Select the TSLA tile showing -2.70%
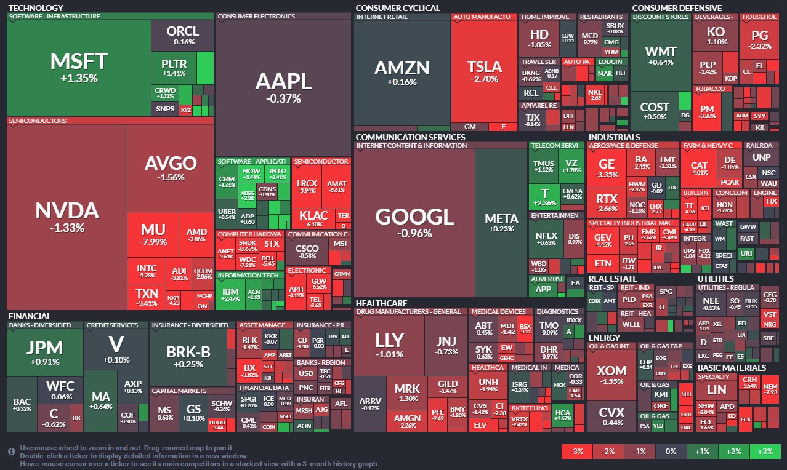[x=484, y=71]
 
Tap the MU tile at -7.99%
[x=153, y=234]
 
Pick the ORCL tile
[x=183, y=35]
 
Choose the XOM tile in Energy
[x=611, y=375]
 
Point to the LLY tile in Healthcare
[x=389, y=345]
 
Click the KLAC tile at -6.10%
[x=313, y=219]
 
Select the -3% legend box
[x=577, y=451]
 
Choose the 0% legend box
[x=671, y=451]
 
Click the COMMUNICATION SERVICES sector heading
[x=410, y=137]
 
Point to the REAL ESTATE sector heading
[x=612, y=279]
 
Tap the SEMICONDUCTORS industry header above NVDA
[x=38, y=121]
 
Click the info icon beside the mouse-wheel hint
[x=11, y=452]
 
